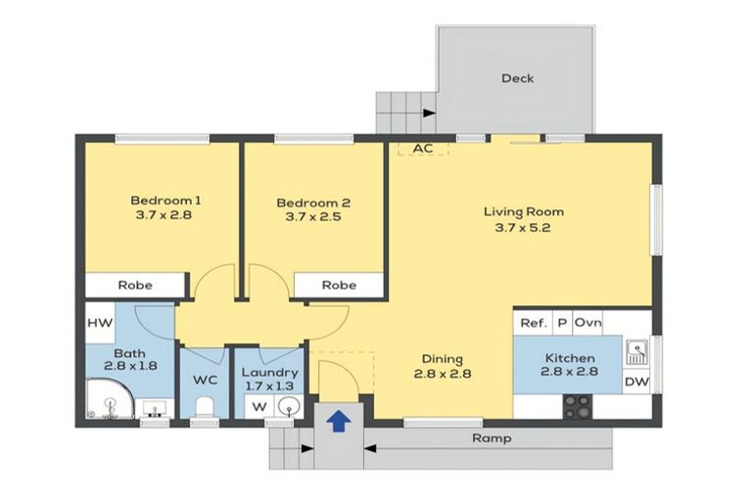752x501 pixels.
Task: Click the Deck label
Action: pos(517,78)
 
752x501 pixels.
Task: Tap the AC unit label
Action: pos(423,149)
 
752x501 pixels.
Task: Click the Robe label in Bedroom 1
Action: pos(134,286)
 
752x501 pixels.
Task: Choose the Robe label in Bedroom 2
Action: pos(339,286)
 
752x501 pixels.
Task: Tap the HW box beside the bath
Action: pos(100,323)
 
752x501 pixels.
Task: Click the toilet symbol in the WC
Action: pos(205,408)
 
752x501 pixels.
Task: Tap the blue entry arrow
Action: pos(339,421)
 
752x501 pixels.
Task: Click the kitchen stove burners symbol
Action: pos(577,405)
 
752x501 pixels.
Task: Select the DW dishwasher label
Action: pos(636,382)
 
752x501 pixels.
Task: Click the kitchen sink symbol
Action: pos(636,348)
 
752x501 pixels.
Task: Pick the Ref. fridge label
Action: pos(533,323)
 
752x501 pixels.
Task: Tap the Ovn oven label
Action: pos(587,323)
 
